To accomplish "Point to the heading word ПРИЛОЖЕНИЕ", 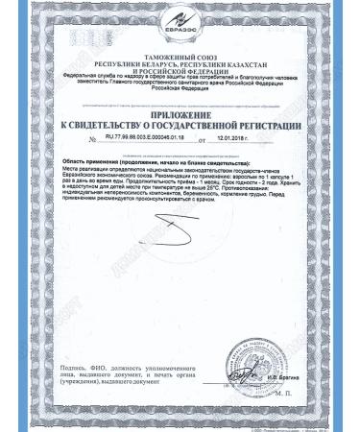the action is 180,113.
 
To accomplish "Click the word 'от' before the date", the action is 200,140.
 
